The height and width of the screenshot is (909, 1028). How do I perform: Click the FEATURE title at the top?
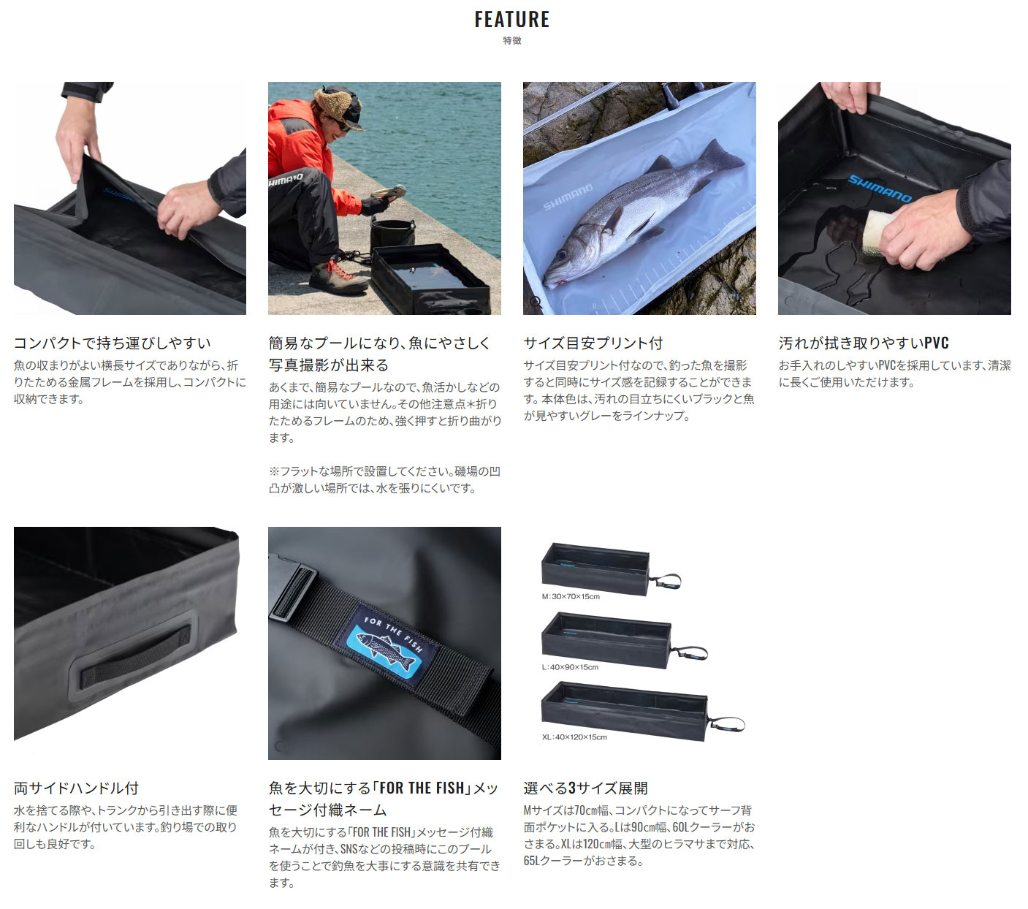(x=512, y=19)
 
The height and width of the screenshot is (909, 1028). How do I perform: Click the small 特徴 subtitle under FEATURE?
(x=512, y=41)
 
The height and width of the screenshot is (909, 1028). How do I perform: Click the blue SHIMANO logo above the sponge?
(x=880, y=189)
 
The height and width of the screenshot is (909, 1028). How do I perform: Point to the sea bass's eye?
(x=562, y=254)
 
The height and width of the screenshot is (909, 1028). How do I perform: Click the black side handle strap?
(x=135, y=657)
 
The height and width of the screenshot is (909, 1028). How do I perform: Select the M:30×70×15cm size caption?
(x=571, y=596)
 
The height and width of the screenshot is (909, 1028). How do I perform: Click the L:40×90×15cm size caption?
(x=571, y=667)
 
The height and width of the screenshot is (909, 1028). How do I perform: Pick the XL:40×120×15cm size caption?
(x=574, y=737)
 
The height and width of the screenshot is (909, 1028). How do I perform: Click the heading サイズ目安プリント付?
(x=593, y=343)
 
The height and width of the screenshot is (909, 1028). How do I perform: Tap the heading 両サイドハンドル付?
(x=76, y=788)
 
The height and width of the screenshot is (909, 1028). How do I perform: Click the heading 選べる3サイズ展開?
(x=585, y=788)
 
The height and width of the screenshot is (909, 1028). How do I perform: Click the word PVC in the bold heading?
(x=937, y=343)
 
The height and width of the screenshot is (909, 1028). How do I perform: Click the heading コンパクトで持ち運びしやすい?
(x=112, y=343)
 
